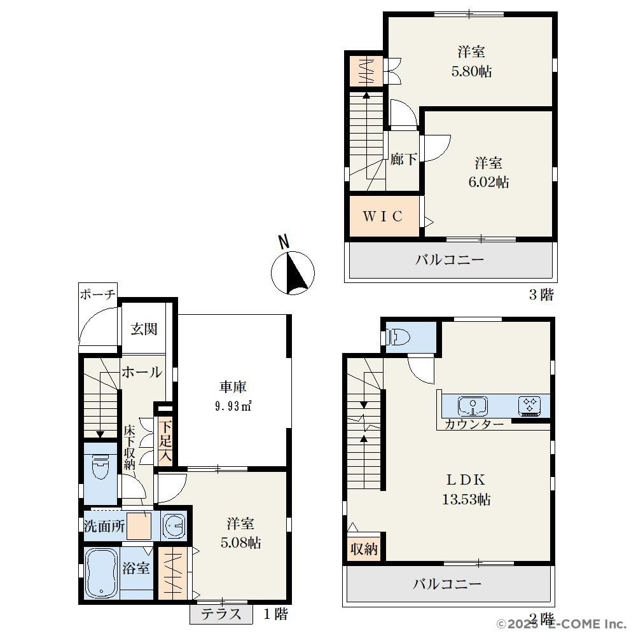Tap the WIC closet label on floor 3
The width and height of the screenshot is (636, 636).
tap(383, 216)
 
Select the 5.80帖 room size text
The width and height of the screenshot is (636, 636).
tap(471, 71)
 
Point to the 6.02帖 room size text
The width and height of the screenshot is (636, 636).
tap(488, 182)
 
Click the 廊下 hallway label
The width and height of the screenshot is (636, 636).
tap(403, 159)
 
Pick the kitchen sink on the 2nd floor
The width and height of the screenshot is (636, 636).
tap(473, 406)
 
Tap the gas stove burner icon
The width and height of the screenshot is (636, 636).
tap(530, 406)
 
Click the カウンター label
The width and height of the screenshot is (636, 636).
tap(474, 425)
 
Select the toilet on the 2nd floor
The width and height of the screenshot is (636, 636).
tap(398, 336)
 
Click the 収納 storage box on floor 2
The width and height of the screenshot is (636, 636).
tap(364, 549)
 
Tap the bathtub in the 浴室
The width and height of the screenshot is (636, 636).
tap(102, 573)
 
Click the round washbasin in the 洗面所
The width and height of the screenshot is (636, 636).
tap(175, 526)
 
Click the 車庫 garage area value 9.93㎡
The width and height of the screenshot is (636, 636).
tap(233, 406)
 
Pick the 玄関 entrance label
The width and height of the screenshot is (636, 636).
tap(144, 329)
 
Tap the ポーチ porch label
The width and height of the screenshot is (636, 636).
tap(98, 294)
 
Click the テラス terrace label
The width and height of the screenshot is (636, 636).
tap(221, 614)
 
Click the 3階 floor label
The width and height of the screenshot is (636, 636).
tap(541, 294)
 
